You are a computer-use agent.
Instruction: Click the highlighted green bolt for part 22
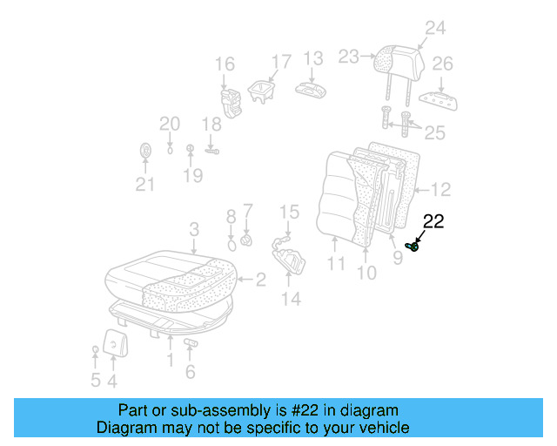tap(415, 247)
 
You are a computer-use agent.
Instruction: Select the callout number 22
tap(433, 222)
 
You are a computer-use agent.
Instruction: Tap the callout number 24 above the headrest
tap(434, 29)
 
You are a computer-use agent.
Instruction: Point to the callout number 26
tap(442, 64)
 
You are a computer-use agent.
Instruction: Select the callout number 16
tap(225, 64)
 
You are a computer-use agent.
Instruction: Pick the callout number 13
tap(312, 58)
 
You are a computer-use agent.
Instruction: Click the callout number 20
tap(169, 124)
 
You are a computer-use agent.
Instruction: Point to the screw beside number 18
tap(211, 150)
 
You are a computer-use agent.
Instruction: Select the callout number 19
tap(192, 175)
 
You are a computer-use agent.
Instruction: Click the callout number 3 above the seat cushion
tap(194, 229)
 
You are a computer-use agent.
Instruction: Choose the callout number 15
tap(289, 212)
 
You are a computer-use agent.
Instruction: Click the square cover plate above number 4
tap(114, 342)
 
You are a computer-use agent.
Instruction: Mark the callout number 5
tap(95, 380)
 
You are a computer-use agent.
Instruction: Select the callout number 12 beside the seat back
tap(440, 189)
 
